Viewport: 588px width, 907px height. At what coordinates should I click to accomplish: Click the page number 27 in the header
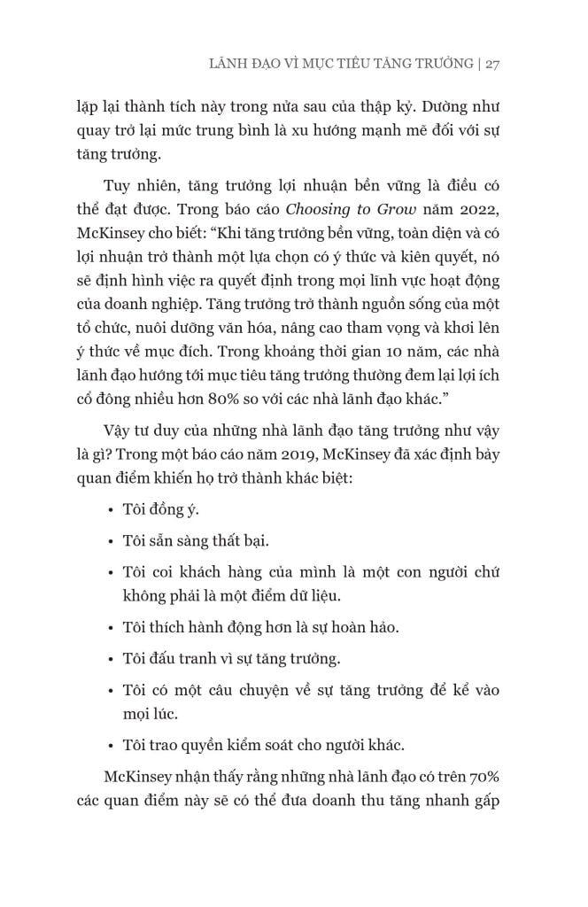[x=494, y=65]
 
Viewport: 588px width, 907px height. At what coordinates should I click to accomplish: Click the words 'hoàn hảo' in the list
[x=363, y=628]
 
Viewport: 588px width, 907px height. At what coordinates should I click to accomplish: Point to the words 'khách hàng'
[x=190, y=571]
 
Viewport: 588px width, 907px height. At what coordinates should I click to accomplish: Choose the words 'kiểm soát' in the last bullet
[x=277, y=744]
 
